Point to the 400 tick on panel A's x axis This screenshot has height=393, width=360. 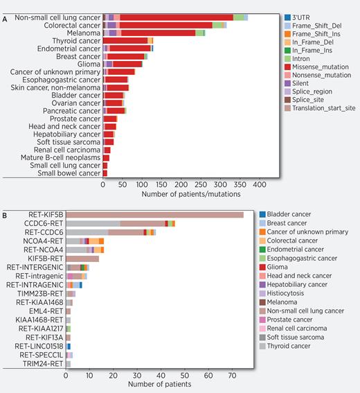coord(259,186)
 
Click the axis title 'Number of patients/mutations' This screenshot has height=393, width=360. coord(181,195)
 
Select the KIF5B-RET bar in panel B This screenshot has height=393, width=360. coord(82,259)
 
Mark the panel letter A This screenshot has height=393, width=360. coord(5,19)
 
